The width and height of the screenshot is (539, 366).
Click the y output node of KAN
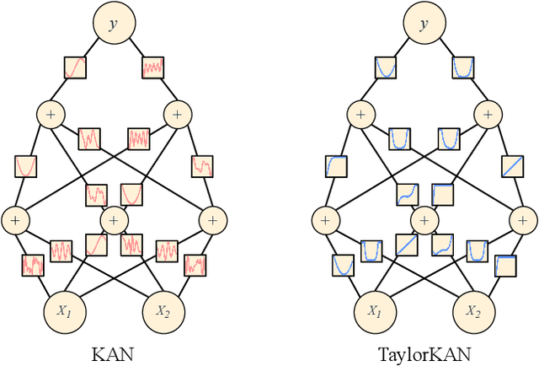pyautogui.click(x=113, y=24)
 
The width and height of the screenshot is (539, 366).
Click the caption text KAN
pyautogui.click(x=113, y=353)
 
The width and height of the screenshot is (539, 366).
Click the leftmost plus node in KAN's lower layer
pyautogui.click(x=14, y=220)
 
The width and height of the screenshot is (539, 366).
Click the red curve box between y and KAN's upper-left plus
pyautogui.click(x=75, y=66)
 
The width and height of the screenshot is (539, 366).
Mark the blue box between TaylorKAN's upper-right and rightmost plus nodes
pyautogui.click(x=510, y=166)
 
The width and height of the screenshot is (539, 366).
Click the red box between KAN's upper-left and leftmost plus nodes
pyautogui.click(x=25, y=166)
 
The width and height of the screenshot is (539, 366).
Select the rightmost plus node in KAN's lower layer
pyautogui.click(x=211, y=220)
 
